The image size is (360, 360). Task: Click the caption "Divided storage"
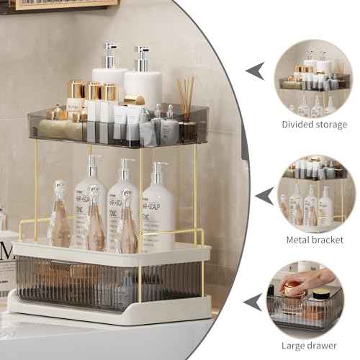coord(314,124)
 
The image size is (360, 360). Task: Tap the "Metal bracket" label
coord(314,239)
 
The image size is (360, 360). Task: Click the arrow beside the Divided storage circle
coord(255,71)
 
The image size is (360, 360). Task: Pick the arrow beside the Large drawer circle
coord(252,301)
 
